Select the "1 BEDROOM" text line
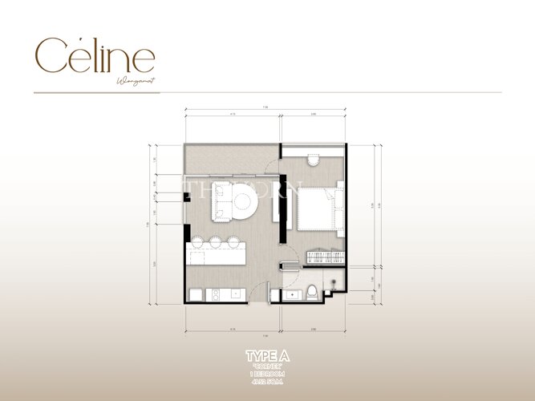click(267, 374)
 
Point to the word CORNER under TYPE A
click(267, 366)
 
